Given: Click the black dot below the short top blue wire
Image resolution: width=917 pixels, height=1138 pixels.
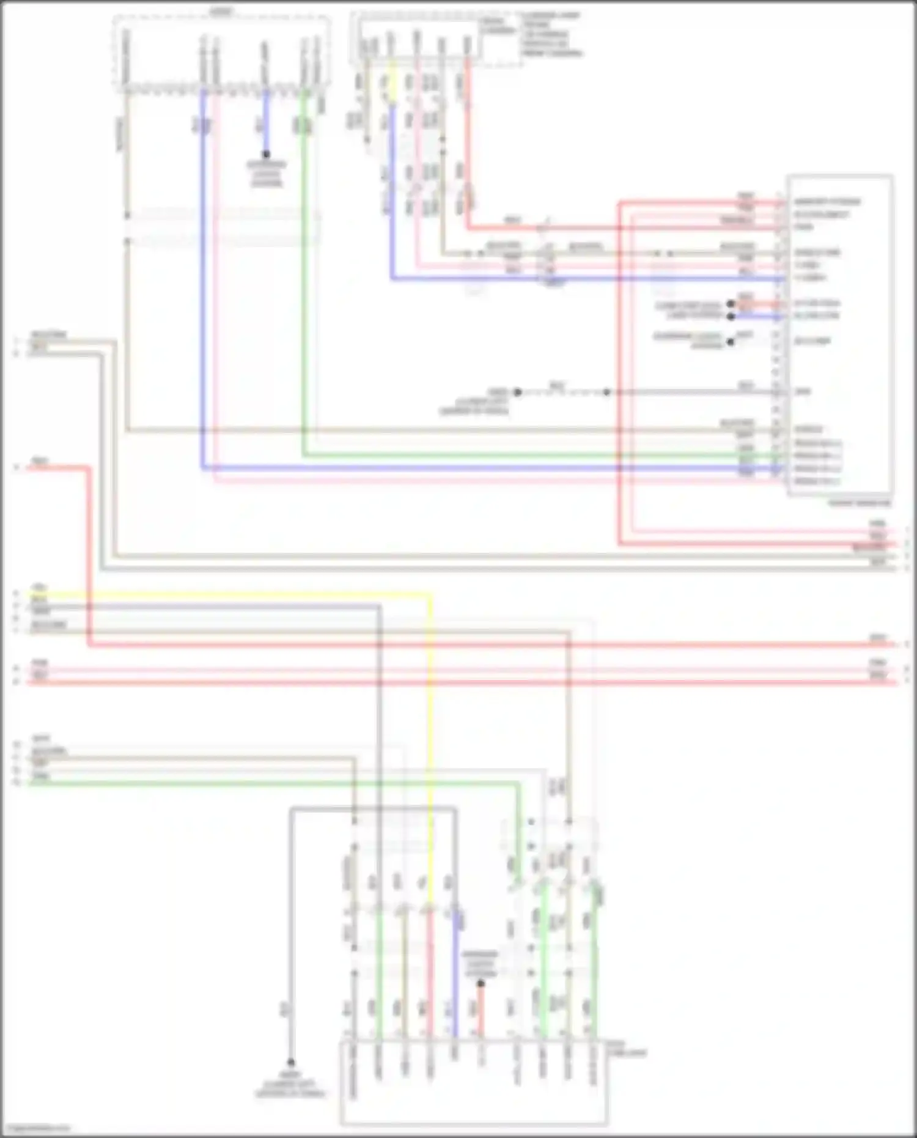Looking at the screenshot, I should point(266,155).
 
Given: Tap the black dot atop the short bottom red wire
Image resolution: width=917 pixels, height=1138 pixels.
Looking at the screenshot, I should point(481,984).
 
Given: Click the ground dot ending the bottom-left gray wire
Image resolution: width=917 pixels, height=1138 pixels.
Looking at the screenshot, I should point(291,1063).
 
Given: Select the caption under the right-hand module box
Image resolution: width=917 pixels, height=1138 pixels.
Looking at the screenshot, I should point(859,504).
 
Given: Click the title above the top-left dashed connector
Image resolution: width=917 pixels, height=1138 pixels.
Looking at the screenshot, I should point(221,12).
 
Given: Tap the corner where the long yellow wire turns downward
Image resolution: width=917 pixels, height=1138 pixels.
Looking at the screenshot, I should point(430,594).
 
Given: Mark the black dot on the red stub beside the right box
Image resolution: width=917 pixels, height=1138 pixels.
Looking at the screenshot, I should point(731,304).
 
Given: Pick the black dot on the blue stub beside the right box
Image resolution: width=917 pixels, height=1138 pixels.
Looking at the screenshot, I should point(731,316).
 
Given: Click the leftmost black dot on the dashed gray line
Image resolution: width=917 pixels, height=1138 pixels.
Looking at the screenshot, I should point(517,392).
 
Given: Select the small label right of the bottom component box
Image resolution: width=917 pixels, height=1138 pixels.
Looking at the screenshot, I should point(626,1050).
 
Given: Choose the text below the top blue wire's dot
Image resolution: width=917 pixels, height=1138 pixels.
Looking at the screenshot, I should point(266,174).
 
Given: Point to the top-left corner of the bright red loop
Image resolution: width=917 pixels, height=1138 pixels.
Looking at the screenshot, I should point(619,201).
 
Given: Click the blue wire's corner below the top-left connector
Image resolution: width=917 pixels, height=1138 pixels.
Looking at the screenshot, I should point(202,468).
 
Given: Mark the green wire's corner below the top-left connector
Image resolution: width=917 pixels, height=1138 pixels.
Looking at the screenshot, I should point(303,456).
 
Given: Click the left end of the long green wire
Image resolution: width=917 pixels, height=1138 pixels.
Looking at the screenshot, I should point(29,782).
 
